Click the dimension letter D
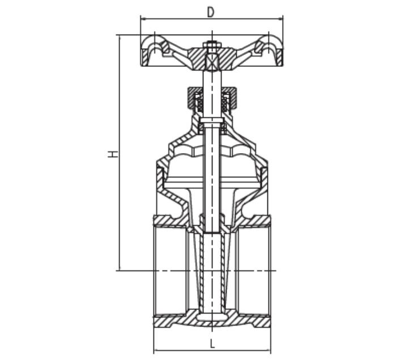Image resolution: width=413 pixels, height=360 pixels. (x=211, y=12)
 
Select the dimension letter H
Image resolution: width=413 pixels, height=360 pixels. (x=114, y=154)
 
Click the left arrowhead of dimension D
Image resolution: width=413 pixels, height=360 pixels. (x=143, y=18)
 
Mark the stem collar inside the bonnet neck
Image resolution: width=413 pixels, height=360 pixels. (x=211, y=121)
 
